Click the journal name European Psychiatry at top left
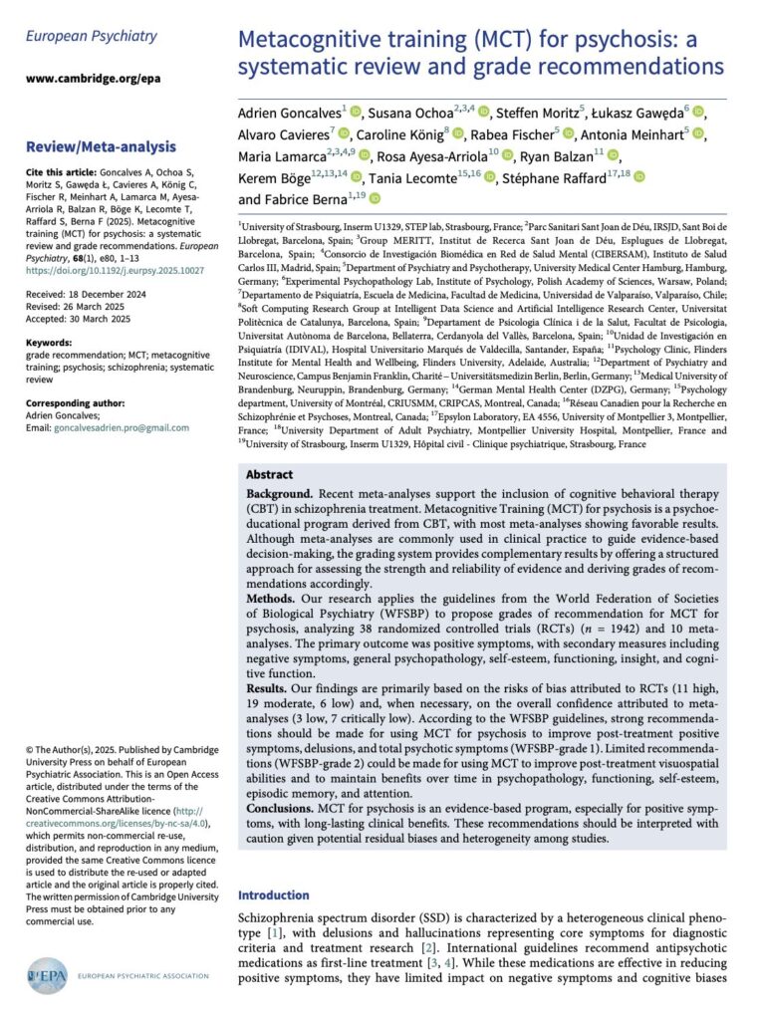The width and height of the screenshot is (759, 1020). [91, 37]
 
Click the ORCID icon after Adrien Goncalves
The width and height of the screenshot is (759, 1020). [357, 110]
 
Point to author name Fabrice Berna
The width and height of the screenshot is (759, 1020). [301, 201]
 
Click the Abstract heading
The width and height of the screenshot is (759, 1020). [270, 475]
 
